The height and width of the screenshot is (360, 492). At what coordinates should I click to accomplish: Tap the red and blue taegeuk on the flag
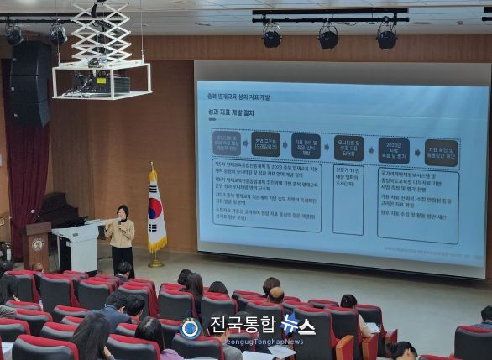tap(154, 209)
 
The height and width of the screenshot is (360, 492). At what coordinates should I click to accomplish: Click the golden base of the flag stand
tap(156, 262)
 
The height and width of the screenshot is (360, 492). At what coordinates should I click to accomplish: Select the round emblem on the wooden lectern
tap(38, 244)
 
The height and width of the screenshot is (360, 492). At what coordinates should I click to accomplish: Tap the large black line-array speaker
tap(30, 84)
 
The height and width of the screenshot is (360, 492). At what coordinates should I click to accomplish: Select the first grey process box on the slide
tap(227, 143)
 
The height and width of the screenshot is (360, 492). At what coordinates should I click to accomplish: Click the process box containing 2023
tap(393, 150)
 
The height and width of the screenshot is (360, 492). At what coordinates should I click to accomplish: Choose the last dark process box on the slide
tap(441, 152)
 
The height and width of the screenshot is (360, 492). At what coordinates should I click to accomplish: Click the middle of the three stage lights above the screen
tap(328, 36)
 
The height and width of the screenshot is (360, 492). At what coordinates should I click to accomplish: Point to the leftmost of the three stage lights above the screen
tap(272, 35)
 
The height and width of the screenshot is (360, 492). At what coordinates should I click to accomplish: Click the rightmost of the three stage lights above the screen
tap(386, 35)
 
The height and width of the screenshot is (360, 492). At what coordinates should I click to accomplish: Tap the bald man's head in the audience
tap(276, 295)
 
